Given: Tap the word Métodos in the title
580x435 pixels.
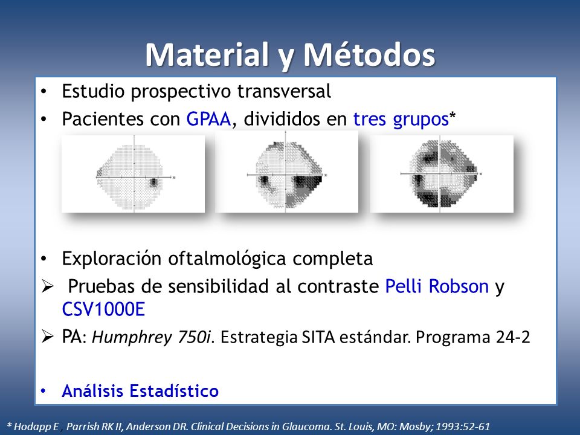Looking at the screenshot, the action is pos(369,55).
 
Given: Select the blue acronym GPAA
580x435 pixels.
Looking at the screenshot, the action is pos(208,119).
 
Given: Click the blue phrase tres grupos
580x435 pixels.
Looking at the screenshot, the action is pos(401,120).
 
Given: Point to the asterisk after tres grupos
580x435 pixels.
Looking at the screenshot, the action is pos(453,116).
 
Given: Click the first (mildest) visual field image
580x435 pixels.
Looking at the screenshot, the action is pos(133,174).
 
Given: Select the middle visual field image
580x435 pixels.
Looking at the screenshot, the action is pos(286,172).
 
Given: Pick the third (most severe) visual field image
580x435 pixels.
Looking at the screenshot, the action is pos(442,174).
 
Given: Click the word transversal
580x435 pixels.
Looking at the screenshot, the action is pos(284,91).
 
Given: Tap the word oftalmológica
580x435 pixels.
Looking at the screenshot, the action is pos(227,259).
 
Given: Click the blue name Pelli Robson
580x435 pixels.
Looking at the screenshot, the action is pos(437,286).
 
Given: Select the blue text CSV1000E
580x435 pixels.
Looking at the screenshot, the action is pos(103,309).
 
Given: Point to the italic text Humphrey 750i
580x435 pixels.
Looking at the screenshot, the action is pos(151,337).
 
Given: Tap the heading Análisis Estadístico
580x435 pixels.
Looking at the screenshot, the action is pos(140,391).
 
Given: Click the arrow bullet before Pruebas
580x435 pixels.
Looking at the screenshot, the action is pos(48,286).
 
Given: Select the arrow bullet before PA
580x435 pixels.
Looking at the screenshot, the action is pos(48,337).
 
